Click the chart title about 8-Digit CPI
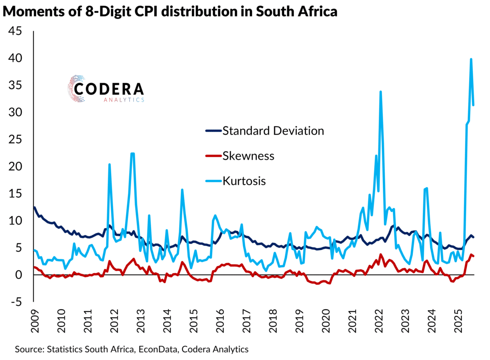[170, 11]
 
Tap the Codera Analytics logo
[106, 89]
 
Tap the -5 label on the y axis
[17, 302]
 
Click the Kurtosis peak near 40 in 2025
[471, 59]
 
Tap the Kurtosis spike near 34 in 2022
[381, 92]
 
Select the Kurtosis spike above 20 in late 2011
[110, 165]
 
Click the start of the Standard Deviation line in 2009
[34, 208]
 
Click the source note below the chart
[132, 349]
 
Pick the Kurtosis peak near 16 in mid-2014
[182, 190]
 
